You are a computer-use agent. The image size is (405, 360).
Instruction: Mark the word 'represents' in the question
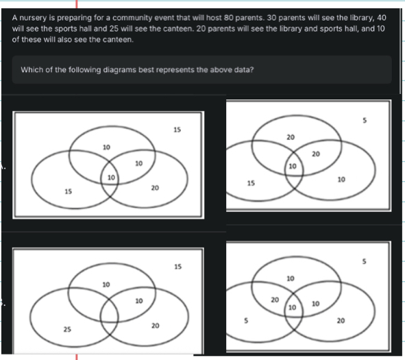click(175, 70)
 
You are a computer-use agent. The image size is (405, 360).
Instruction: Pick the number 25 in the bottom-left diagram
click(67, 329)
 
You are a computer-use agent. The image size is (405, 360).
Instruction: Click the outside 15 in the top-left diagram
click(177, 130)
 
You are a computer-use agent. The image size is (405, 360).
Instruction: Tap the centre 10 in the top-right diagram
click(293, 166)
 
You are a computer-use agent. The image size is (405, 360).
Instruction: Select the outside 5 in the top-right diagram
click(365, 120)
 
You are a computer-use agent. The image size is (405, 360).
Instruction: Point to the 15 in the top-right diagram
click(251, 183)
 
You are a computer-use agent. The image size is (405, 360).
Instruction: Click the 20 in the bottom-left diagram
click(156, 326)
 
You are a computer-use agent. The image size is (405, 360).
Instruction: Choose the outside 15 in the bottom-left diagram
click(178, 267)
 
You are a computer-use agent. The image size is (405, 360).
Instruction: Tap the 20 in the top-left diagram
click(155, 188)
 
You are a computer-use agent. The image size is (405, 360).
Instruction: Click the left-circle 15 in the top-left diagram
click(69, 191)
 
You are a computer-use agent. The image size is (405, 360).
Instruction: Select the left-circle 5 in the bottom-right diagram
click(246, 320)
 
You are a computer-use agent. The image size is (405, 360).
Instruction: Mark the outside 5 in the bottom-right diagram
click(364, 261)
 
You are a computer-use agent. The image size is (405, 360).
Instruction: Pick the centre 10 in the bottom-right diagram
click(292, 307)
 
